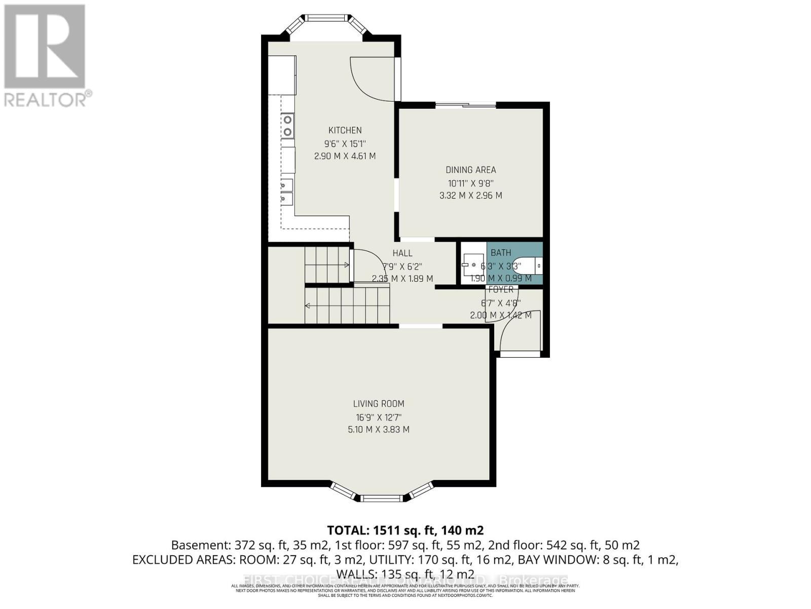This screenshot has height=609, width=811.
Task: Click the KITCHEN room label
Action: point(345,130)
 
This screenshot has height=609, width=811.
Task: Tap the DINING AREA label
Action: point(470,170)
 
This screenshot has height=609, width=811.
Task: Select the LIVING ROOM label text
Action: point(379,404)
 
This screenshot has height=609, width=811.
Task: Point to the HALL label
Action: point(402,253)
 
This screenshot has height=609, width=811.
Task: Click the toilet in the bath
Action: point(532,264)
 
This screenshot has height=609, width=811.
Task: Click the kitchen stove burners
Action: point(287,126)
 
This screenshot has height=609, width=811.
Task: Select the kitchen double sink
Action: point(287,192)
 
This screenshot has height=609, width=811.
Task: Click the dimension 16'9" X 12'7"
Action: point(379,417)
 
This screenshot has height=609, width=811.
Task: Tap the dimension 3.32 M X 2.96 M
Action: point(470,195)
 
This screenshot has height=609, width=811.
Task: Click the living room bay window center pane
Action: point(382,498)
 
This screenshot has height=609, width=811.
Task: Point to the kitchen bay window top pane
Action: point(327,19)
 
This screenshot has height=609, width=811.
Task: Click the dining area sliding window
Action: point(466,105)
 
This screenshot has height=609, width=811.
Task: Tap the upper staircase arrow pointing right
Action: point(347,264)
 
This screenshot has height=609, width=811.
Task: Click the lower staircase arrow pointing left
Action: point(307,305)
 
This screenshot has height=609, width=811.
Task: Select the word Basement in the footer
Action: point(200,546)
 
